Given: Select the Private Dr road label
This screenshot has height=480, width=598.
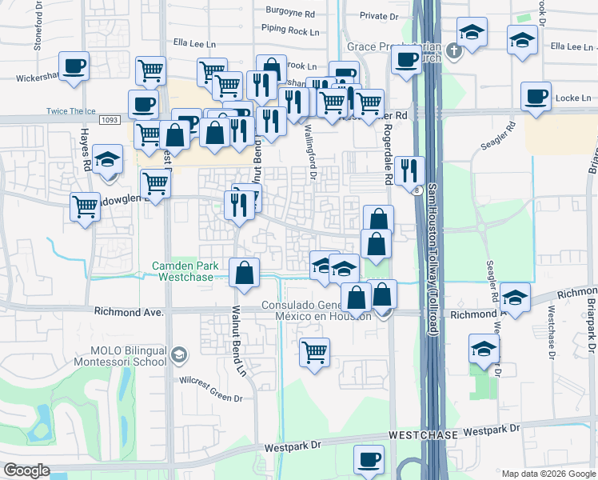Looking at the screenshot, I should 378,15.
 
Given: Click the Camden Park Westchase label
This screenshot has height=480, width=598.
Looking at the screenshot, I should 185,271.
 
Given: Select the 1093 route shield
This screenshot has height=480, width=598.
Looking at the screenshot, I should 110,120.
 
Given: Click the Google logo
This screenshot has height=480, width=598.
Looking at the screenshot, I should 26,470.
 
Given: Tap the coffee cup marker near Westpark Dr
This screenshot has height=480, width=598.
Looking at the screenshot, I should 369,461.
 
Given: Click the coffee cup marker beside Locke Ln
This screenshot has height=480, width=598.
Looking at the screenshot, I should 536,97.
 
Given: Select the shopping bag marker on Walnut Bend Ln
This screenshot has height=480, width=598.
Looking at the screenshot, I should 244,274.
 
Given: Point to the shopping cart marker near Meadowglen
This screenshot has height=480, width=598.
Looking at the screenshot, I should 85,206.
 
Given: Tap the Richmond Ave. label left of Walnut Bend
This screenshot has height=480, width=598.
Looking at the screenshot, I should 129,312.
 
